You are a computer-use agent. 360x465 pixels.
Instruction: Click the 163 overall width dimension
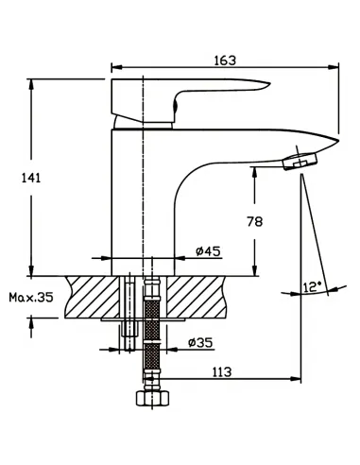pos(225,60)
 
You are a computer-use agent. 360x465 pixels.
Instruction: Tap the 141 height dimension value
pos(31,179)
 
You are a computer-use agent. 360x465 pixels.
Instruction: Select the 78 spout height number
pos(254,222)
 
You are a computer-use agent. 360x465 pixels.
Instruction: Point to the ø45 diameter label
pos(208,251)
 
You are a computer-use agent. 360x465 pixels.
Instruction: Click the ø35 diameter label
pos(200,342)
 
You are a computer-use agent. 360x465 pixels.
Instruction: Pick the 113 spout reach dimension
pos(221,372)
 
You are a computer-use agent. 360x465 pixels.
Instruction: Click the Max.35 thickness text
pos(31,297)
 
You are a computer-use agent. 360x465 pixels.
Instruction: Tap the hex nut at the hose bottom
pos(153,398)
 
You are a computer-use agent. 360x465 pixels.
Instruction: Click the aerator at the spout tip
pos(300,161)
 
